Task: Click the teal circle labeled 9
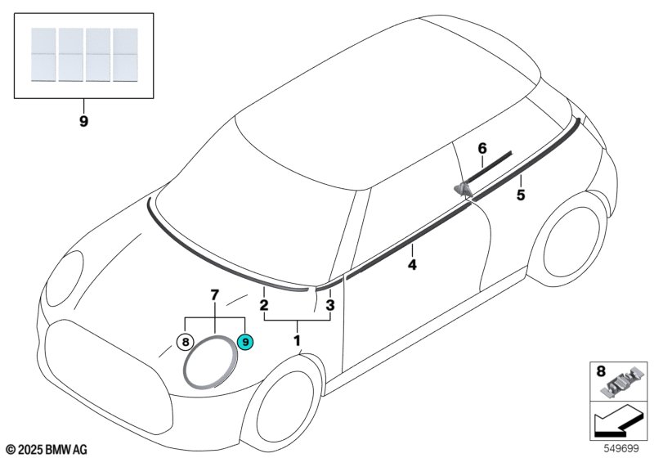click(244, 342)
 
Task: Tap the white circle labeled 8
click(186, 342)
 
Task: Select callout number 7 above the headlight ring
click(214, 295)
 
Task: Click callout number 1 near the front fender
click(297, 340)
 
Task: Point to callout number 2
click(263, 305)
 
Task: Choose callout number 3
click(330, 305)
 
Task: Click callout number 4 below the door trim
click(412, 264)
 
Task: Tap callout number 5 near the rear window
click(521, 195)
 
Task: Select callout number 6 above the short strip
click(482, 148)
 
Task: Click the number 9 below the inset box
click(83, 121)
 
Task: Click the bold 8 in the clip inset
click(601, 370)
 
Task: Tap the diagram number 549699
click(621, 449)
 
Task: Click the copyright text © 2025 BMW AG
click(47, 450)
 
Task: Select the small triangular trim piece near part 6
click(462, 190)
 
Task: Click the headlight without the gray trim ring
click(65, 278)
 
